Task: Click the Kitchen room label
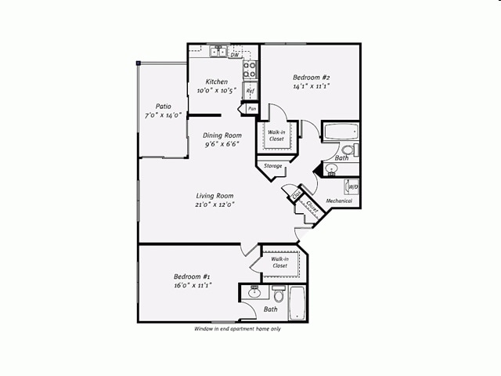217,81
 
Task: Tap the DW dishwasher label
234,55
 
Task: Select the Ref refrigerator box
250,92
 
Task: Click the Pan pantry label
251,109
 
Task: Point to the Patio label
163,106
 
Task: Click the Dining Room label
222,135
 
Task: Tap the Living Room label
215,195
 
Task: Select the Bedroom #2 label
311,77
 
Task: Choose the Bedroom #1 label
192,277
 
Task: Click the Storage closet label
272,166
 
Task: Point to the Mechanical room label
339,201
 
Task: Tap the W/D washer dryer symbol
352,186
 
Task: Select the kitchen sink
218,53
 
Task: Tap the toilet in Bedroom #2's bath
349,149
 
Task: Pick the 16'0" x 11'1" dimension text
192,285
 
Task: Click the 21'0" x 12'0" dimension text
215,204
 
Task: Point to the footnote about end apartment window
237,329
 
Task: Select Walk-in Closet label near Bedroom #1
279,262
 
